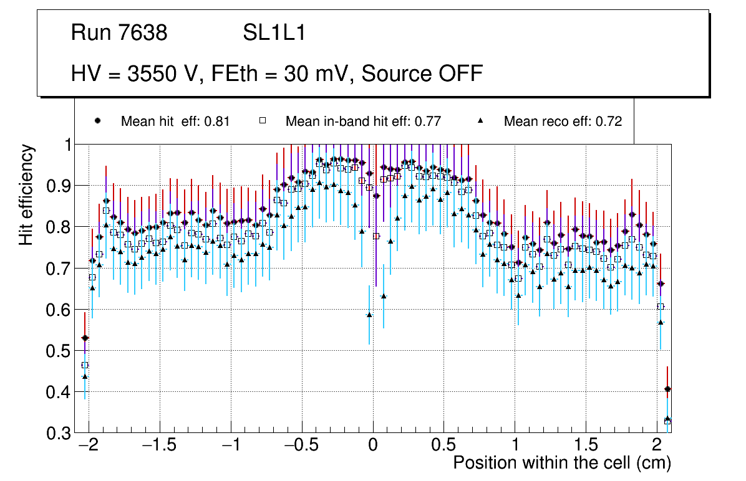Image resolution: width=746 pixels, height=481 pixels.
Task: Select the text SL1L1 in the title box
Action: click(x=274, y=33)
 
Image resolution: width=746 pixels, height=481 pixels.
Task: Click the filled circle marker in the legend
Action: click(x=97, y=121)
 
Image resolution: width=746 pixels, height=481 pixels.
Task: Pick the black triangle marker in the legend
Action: click(x=480, y=121)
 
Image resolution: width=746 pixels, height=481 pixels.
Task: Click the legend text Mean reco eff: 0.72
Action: click(x=563, y=121)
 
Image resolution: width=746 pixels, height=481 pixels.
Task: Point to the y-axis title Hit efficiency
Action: click(x=27, y=194)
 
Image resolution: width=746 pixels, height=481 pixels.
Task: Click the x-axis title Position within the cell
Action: click(x=561, y=463)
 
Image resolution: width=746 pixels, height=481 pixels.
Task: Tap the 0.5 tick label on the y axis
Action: click(x=60, y=351)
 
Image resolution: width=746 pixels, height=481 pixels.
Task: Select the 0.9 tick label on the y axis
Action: click(x=60, y=186)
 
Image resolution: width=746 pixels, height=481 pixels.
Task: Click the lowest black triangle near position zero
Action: click(x=369, y=315)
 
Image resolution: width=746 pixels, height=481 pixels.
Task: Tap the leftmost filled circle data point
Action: click(x=85, y=338)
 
